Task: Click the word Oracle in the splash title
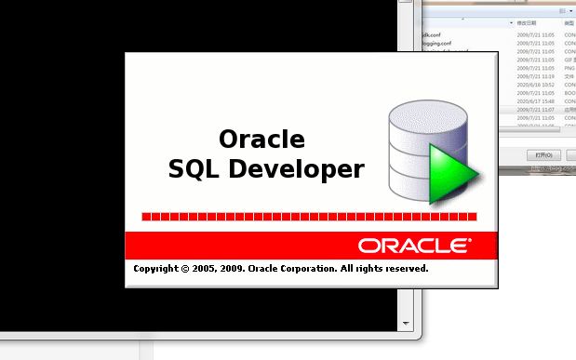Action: [x=261, y=140]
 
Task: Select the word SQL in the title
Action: [x=192, y=169]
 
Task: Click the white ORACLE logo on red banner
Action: [x=413, y=246]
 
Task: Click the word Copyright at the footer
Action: [x=155, y=268]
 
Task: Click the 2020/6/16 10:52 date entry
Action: [x=535, y=85]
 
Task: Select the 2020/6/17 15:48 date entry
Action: [x=535, y=101]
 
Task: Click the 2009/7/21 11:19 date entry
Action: [x=535, y=76]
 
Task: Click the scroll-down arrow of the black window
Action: [x=405, y=323]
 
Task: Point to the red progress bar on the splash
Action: [x=309, y=217]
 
